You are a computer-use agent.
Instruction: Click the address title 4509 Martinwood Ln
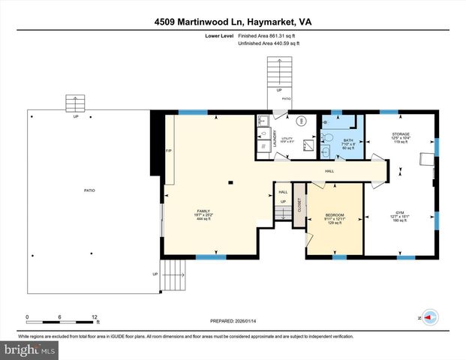(x=232, y=22)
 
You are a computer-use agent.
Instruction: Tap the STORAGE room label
(x=400, y=135)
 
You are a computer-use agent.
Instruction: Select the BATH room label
(x=347, y=140)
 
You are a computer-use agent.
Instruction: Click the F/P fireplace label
(x=168, y=150)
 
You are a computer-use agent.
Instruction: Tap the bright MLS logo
(x=29, y=349)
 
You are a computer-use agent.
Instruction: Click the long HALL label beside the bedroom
(x=329, y=172)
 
